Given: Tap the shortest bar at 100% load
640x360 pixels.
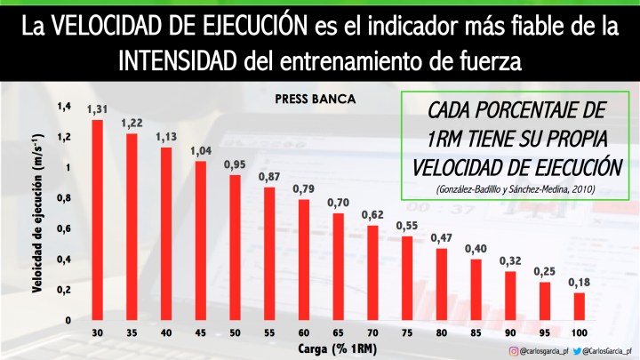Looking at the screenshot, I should coord(579,306).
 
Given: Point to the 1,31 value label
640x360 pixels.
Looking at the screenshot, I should coord(98,109).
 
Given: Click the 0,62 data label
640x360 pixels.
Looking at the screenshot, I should coord(372,215).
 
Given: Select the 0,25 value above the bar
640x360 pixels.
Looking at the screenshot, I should coord(544,271).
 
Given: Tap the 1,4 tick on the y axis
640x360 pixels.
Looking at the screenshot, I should coord(63,107).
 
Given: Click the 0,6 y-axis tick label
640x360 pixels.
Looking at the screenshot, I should coord(63,228).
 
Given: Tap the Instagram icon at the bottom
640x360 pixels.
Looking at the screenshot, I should coord(513,351).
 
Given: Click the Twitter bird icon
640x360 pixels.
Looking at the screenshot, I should coord(577,351).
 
